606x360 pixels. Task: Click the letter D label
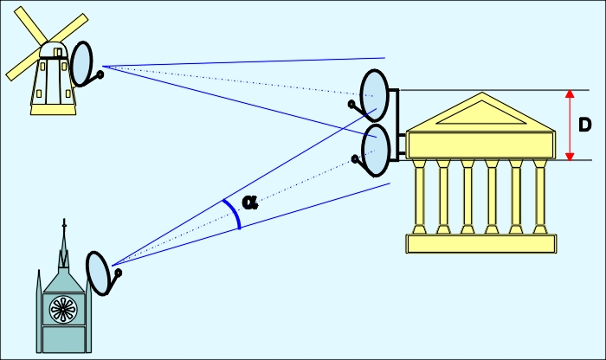(585, 125)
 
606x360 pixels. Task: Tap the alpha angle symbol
(250, 202)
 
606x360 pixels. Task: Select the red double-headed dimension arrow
(570, 125)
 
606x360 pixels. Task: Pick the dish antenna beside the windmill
(81, 64)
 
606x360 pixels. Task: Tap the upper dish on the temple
(375, 93)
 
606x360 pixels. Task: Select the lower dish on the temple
(377, 149)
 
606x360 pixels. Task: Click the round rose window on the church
(62, 307)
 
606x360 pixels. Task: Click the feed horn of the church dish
(118, 273)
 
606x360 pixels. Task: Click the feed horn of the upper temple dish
(351, 104)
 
